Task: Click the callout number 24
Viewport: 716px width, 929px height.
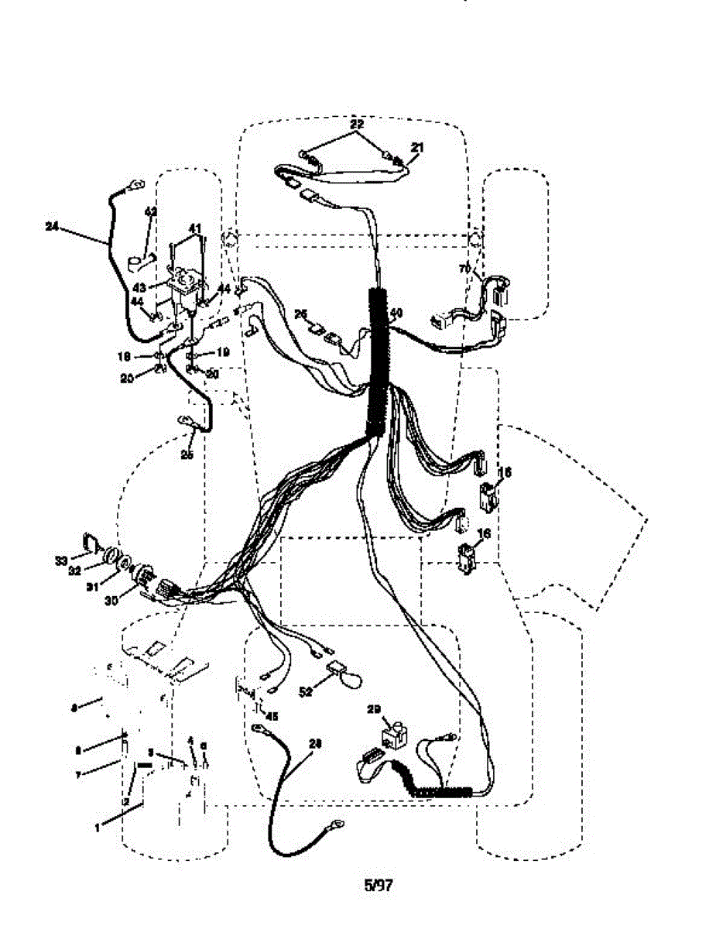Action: click(x=52, y=226)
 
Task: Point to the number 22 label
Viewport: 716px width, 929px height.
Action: click(x=356, y=124)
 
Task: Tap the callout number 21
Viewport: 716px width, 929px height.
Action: click(x=417, y=147)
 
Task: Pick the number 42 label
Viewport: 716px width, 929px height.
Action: click(x=151, y=211)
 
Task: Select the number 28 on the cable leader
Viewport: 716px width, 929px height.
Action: click(x=314, y=742)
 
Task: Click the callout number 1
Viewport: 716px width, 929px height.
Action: click(x=98, y=828)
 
